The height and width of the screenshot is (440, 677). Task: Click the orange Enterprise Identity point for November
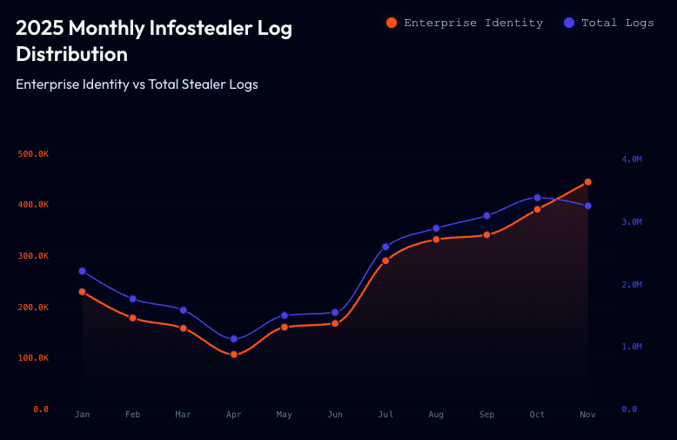click(587, 182)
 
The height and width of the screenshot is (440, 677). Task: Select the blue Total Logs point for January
click(82, 271)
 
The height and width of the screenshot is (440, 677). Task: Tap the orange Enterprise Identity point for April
click(233, 355)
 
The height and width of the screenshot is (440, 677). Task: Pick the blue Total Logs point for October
click(537, 198)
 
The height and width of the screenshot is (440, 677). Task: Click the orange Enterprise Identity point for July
click(385, 261)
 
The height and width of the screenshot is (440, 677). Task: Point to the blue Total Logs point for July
click(385, 247)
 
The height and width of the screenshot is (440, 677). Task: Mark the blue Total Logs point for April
click(233, 339)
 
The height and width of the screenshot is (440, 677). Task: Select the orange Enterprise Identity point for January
click(82, 292)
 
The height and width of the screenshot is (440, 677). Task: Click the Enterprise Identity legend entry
click(465, 23)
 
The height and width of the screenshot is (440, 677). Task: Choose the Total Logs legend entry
click(609, 23)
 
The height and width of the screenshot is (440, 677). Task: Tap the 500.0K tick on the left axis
click(33, 154)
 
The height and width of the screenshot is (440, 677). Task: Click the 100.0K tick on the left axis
click(33, 358)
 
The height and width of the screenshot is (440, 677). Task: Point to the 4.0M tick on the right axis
click(631, 159)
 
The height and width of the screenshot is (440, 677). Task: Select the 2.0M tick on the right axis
click(631, 285)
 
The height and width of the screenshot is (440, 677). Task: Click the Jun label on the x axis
click(335, 415)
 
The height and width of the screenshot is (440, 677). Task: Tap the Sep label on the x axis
click(486, 415)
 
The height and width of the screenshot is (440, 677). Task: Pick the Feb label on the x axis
click(132, 415)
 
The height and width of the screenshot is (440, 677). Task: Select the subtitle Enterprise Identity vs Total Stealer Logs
click(137, 85)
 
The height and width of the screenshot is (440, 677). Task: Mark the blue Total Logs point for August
click(436, 228)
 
